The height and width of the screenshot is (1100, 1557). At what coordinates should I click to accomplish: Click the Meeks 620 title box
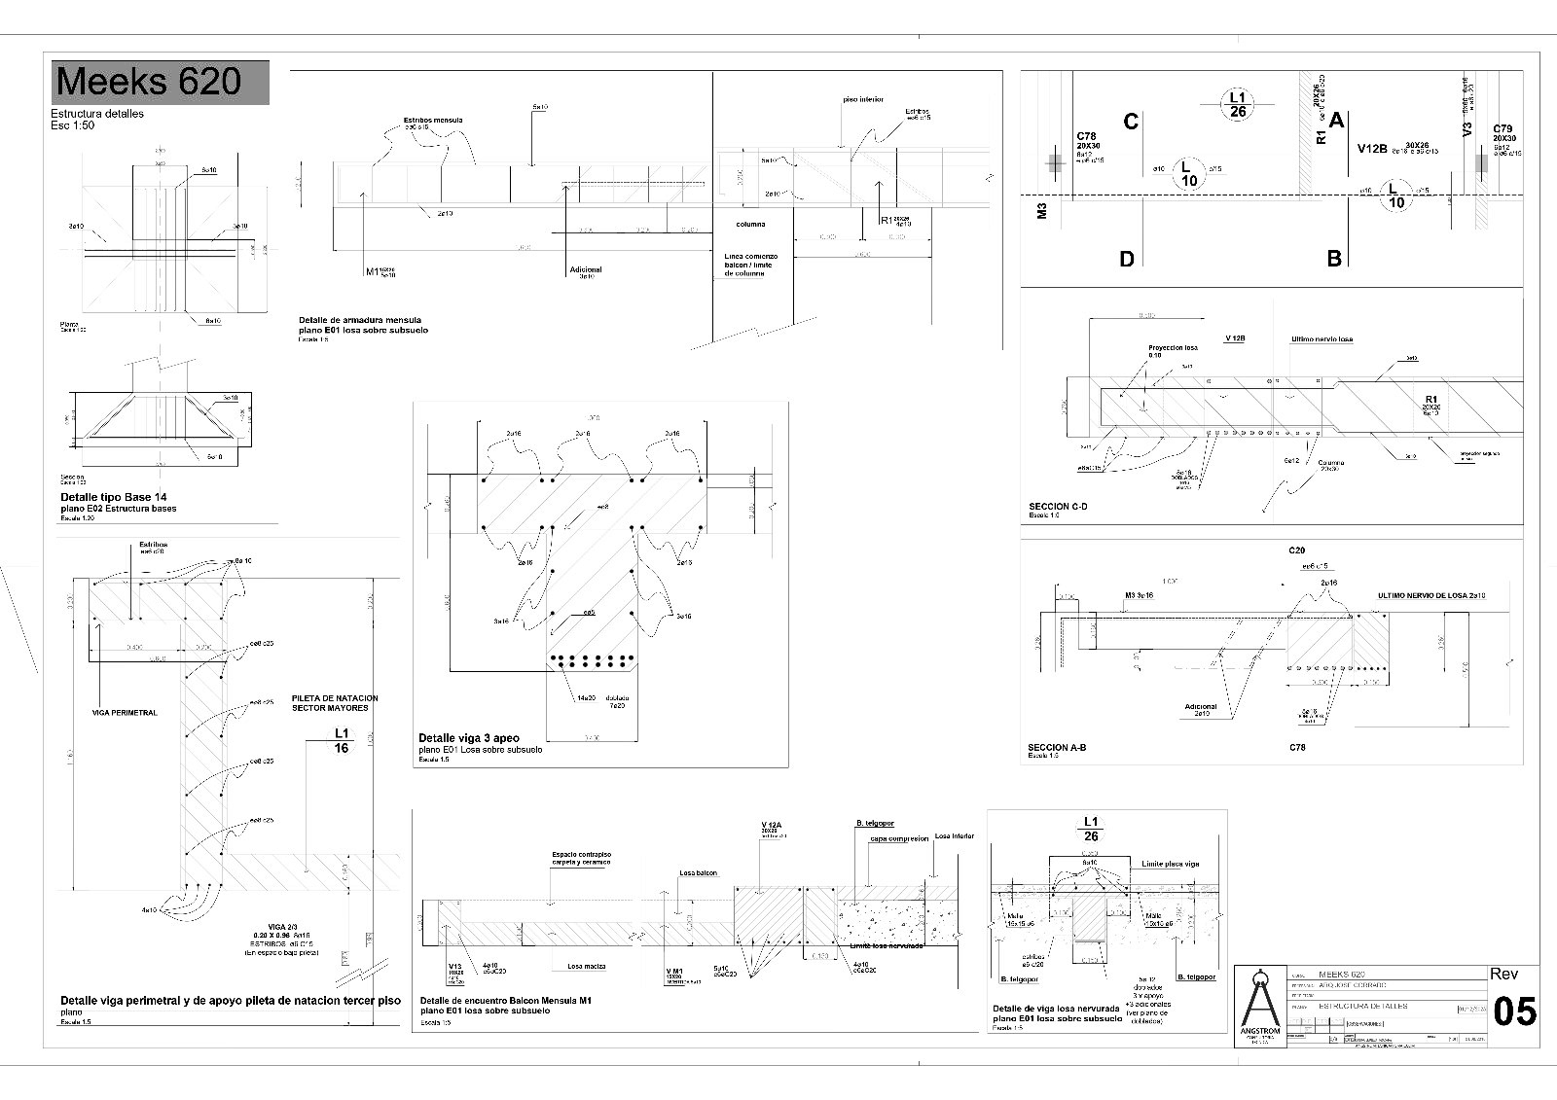point(160,82)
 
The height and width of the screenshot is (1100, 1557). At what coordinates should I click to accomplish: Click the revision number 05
point(1514,1011)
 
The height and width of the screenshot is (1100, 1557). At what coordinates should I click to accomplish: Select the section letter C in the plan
point(1130,122)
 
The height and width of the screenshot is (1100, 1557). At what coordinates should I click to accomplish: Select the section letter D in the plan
point(1127,259)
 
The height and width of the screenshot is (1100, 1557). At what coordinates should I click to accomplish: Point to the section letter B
point(1334,259)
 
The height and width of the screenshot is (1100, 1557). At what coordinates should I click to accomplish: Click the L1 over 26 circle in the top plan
point(1237,104)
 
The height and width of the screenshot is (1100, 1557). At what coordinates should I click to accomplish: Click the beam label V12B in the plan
point(1372,149)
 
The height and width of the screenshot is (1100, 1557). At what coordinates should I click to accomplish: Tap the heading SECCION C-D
point(1058,507)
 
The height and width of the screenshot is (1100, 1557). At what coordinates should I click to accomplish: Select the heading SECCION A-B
point(1057,748)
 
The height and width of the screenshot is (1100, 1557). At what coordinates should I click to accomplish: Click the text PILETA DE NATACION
point(335,698)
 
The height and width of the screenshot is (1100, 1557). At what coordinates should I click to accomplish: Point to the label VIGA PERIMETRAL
point(126,713)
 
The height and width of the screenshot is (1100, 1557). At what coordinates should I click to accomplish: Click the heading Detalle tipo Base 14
point(113,497)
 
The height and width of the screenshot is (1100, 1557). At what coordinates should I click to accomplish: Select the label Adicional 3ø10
point(585,272)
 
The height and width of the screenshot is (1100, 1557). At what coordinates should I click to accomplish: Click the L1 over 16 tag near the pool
point(342,740)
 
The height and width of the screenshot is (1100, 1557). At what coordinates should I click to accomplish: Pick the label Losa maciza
point(587,966)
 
